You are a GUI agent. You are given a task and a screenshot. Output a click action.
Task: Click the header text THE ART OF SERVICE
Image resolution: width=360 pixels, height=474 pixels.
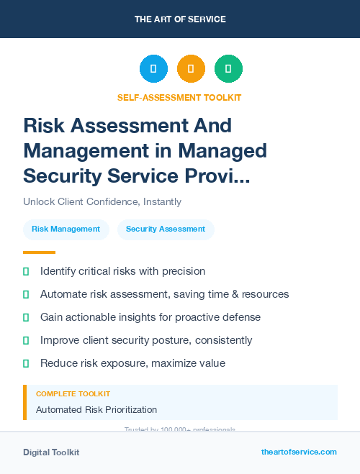tap(180, 19)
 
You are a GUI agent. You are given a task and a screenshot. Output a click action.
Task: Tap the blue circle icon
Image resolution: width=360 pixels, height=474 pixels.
tap(153, 69)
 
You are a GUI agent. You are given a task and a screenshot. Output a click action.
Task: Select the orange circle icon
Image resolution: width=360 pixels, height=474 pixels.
tap(191, 69)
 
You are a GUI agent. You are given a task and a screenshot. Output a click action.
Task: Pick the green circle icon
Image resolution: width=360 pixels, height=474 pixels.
tap(228, 69)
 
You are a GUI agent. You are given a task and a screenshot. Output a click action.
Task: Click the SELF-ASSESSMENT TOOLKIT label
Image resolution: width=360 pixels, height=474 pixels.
tap(179, 97)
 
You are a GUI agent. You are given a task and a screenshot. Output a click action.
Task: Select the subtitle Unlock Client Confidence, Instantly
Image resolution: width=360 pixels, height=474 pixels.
tap(102, 202)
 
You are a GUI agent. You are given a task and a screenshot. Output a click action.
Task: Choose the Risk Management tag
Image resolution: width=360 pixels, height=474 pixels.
tap(66, 229)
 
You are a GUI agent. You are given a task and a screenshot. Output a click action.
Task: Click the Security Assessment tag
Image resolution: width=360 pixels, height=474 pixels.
tap(166, 229)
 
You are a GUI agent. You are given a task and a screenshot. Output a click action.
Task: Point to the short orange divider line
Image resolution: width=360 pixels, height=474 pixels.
tap(39, 252)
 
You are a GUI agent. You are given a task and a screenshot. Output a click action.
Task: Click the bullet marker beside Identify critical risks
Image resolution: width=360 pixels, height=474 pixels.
tap(27, 272)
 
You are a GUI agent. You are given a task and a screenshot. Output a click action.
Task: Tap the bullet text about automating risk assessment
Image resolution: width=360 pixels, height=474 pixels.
tap(164, 294)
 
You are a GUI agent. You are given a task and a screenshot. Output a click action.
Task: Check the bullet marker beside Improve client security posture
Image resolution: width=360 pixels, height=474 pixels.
tap(27, 340)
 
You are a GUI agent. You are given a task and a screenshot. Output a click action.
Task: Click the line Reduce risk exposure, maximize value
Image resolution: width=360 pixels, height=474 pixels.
tap(132, 363)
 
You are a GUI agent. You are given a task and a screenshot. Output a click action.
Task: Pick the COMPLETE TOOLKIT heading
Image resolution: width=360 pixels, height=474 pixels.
tap(73, 394)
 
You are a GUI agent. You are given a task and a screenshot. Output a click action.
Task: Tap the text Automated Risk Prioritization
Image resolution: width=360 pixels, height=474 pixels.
tap(96, 410)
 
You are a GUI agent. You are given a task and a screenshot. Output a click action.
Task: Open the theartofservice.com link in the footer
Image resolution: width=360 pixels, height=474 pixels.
tap(299, 452)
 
